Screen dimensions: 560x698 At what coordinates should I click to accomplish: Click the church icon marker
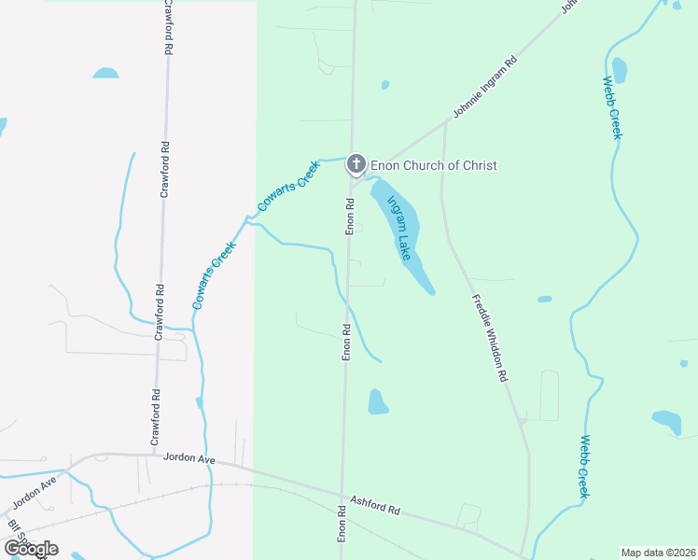tap(356, 164)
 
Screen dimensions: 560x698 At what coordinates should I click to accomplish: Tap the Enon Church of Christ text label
tap(434, 165)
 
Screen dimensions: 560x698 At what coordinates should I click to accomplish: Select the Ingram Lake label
tap(399, 227)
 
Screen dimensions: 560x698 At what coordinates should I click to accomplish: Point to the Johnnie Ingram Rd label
tap(485, 91)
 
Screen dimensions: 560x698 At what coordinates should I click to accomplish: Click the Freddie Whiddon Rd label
tap(488, 338)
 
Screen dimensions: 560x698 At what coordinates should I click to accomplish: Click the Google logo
tap(31, 548)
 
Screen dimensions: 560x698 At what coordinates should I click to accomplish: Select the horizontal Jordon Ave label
tap(189, 458)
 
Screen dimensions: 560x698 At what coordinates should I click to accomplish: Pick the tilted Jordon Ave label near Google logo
tap(35, 493)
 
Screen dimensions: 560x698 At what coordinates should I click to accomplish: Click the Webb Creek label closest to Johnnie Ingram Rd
tap(614, 108)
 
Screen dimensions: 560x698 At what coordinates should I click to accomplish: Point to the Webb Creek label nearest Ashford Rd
tap(584, 466)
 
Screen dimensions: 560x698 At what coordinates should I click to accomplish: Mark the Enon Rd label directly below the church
tap(351, 216)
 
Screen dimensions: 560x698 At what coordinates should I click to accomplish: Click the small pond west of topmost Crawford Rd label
tap(105, 73)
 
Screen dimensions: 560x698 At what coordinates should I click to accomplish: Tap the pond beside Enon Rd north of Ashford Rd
tap(377, 401)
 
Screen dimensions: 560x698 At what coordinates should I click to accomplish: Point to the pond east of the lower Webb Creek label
tap(666, 421)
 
